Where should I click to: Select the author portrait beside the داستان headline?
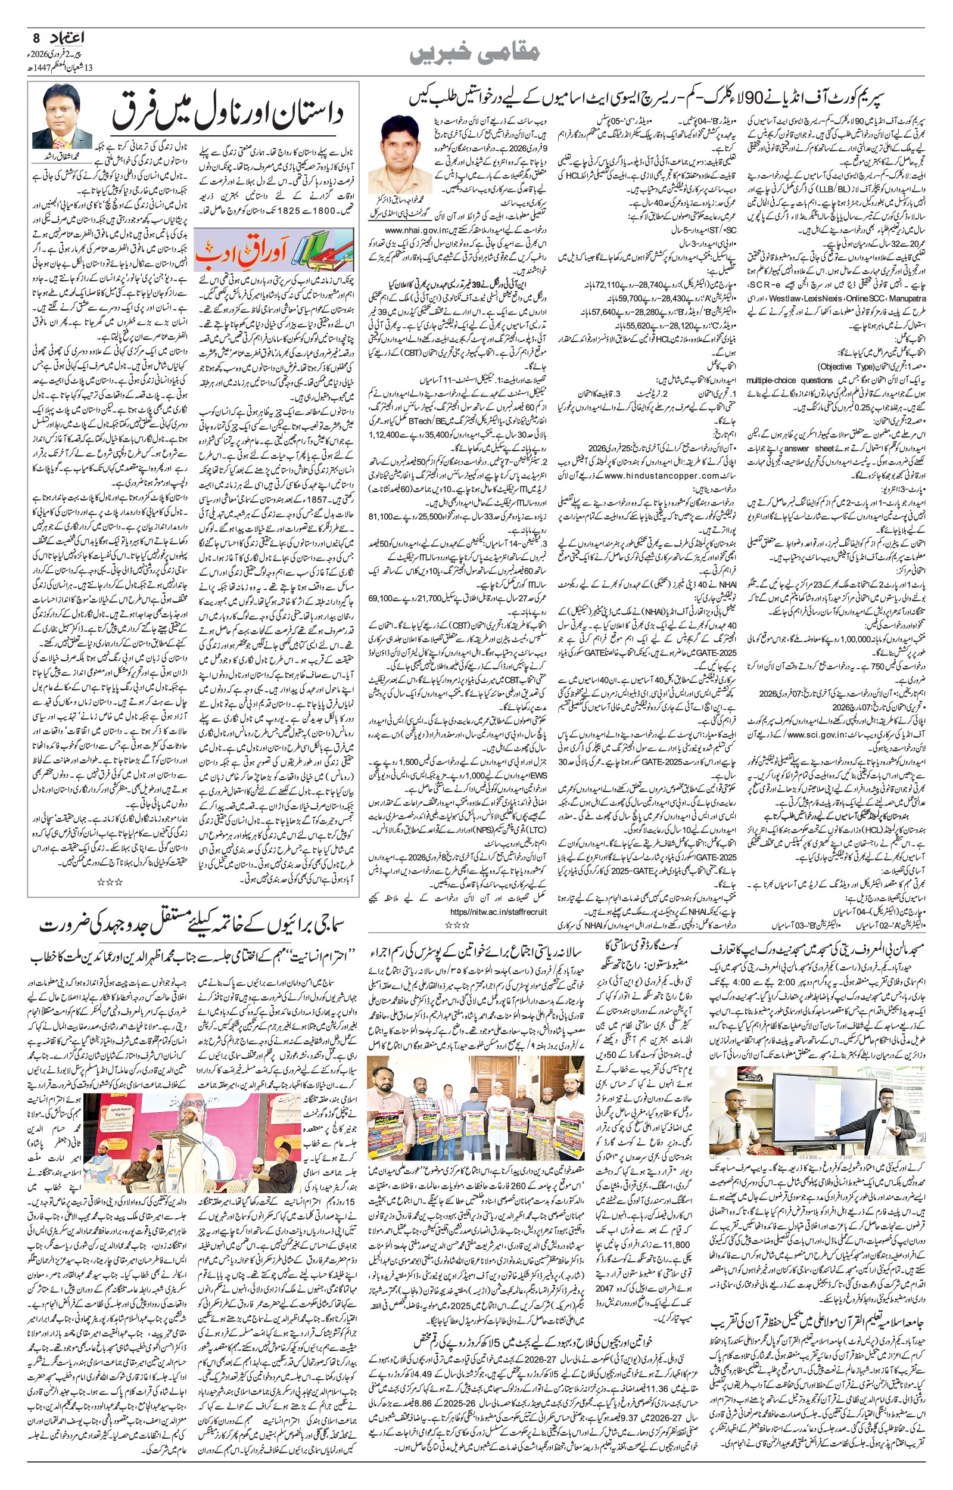(x=62, y=116)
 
